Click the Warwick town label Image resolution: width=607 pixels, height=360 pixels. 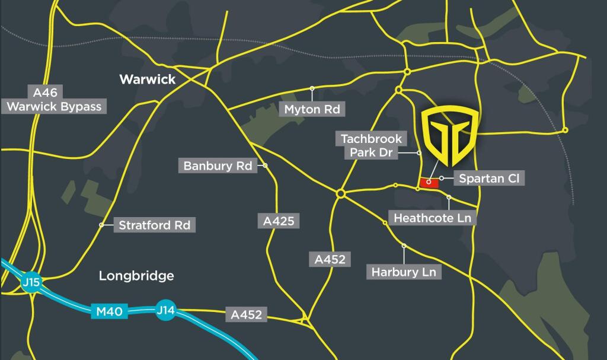coord(148,79)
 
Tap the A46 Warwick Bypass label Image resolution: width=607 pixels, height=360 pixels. coord(55,100)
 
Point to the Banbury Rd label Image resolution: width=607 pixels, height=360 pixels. coord(218,165)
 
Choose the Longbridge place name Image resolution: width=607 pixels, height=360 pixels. coord(136,276)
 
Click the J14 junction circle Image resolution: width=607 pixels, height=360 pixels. coord(165,310)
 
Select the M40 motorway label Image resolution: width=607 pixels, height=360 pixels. coord(110,311)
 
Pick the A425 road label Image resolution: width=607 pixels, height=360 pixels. coord(279,221)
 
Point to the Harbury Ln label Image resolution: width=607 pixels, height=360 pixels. coord(404,272)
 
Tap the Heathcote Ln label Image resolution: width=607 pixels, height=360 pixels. coord(432,218)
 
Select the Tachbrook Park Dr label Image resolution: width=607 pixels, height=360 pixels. coord(371,146)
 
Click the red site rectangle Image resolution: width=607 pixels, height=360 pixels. coord(429,183)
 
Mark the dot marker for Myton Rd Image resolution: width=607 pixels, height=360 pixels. coord(312,88)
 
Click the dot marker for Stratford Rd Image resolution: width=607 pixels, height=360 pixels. coord(102,225)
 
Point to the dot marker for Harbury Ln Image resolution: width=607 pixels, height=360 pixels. coord(404,245)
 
